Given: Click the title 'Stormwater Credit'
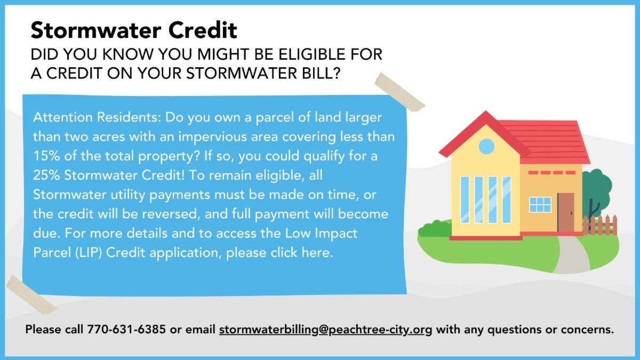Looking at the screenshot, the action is pos(134,30).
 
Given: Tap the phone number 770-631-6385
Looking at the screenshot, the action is pos(126,329).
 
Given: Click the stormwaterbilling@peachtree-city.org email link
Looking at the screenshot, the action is pos(325,330).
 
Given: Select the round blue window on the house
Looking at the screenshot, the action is pos(486,146).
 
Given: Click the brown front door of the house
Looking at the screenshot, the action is pos(566,212).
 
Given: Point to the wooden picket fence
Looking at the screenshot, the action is pos(599,225).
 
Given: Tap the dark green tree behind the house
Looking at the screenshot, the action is pos(597,191).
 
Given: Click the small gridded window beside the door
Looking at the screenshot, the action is pos(540,205).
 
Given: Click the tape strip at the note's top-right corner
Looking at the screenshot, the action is pos(399,92).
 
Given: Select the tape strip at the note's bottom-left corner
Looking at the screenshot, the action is pos(31,295).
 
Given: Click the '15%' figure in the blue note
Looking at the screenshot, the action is pos(46,156).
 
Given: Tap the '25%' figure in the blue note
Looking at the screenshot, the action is pos(46,175).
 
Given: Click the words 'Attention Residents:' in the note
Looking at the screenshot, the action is pos(97,117).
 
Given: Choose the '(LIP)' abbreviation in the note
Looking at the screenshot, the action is pos(89,253).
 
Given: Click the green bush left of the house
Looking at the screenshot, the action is pos(435,229).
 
